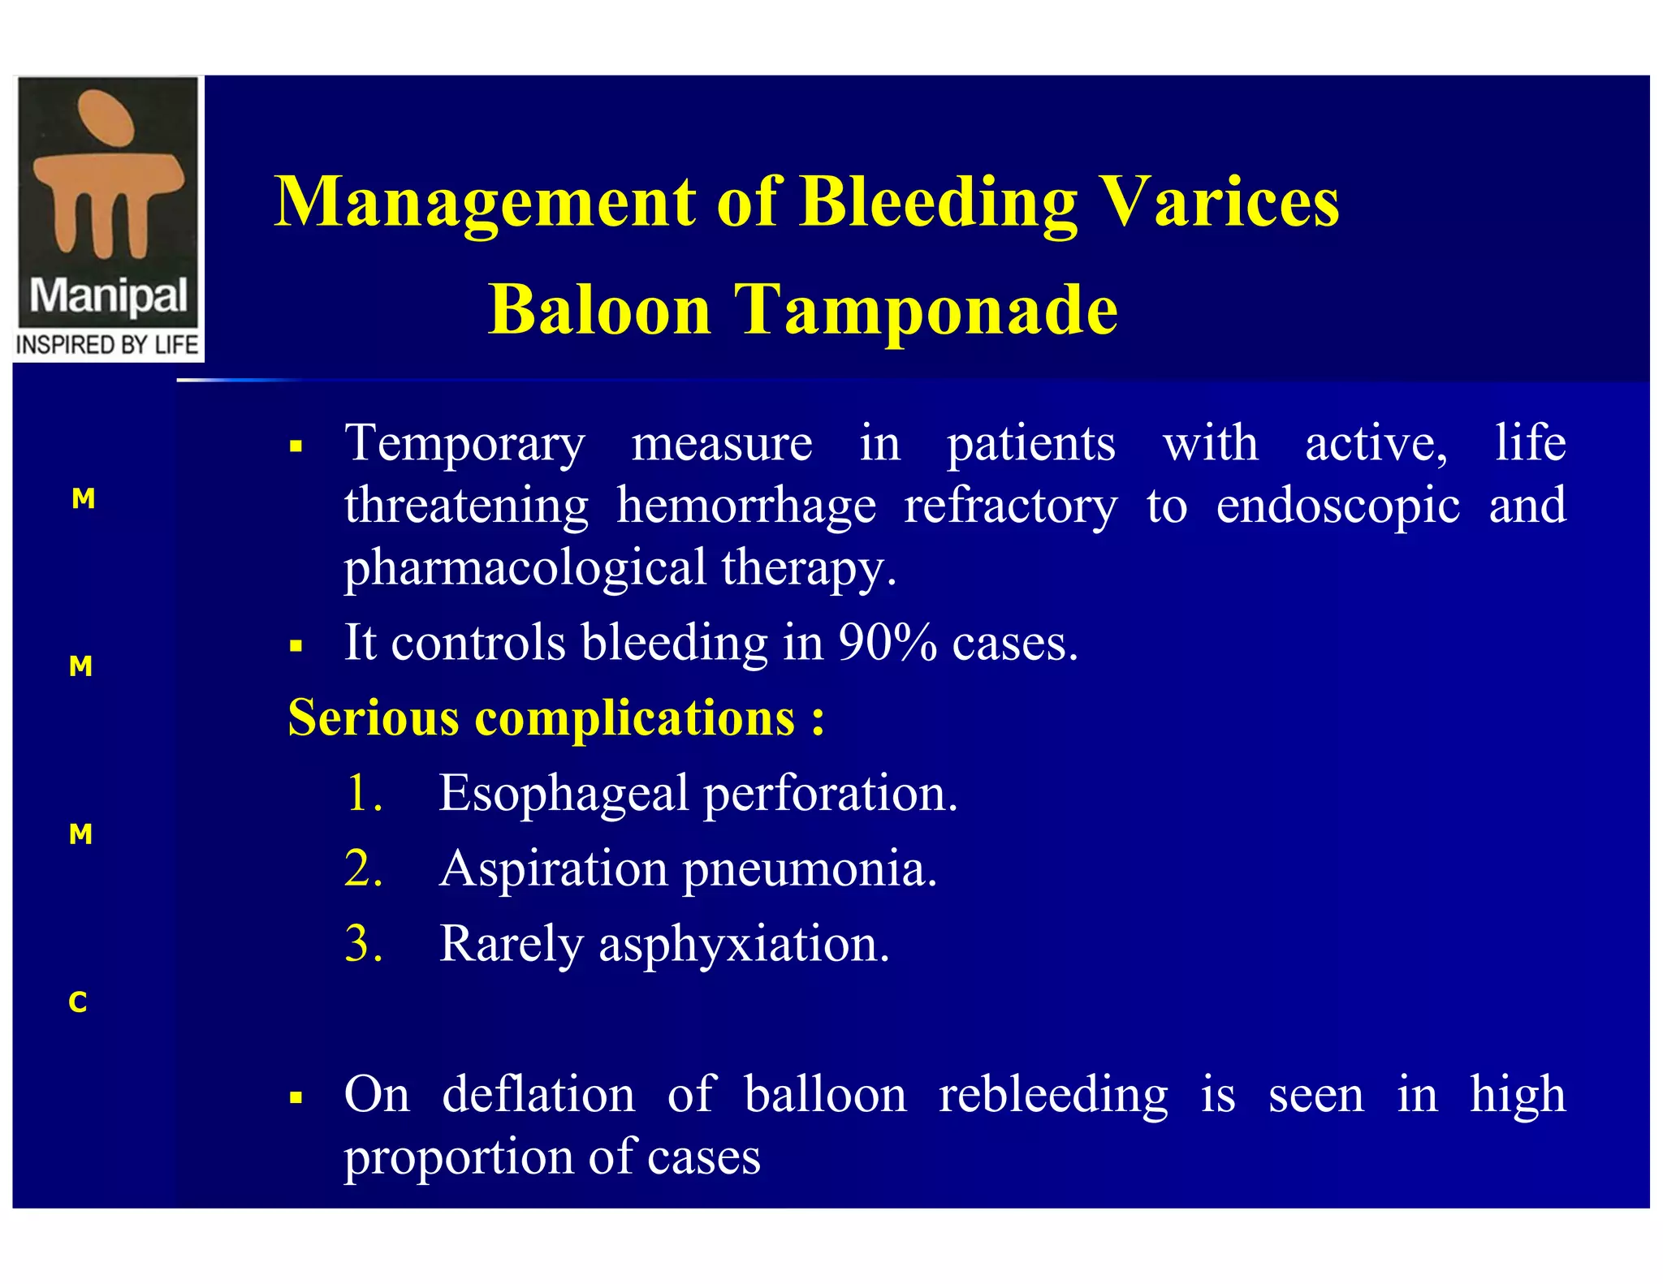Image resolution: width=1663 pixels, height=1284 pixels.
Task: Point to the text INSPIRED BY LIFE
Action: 107,345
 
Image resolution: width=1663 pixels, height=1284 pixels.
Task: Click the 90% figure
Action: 887,643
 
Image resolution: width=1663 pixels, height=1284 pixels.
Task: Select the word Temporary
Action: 464,444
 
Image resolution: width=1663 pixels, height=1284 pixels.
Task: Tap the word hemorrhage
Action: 746,506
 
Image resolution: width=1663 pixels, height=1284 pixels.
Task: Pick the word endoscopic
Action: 1337,506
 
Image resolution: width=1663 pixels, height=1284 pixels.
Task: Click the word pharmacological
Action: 525,567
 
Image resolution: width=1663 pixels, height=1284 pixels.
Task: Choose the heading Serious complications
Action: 555,717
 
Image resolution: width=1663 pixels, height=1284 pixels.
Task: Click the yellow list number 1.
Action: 362,793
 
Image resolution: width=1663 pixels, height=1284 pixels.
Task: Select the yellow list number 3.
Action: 363,944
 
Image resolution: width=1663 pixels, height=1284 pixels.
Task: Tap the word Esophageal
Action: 564,793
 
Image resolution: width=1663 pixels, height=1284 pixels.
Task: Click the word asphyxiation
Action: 744,944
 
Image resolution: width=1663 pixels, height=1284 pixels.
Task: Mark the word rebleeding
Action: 1053,1094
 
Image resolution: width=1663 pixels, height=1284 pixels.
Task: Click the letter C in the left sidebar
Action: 78,1002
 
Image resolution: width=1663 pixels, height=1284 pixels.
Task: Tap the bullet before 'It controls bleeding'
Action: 296,647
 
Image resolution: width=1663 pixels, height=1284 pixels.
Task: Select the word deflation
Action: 538,1094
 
